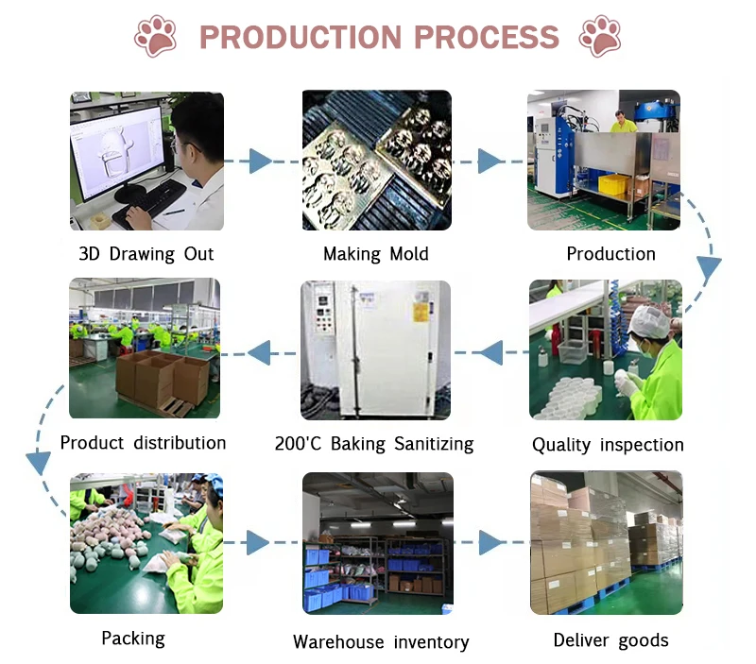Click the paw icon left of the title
point(155,36)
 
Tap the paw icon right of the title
point(600,36)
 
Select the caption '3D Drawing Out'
point(146,254)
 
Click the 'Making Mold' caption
point(375,254)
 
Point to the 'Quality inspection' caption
point(608,445)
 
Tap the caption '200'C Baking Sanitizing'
point(374,444)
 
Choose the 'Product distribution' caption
point(143,443)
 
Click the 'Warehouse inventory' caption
point(381,642)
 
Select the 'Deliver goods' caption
point(610,640)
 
